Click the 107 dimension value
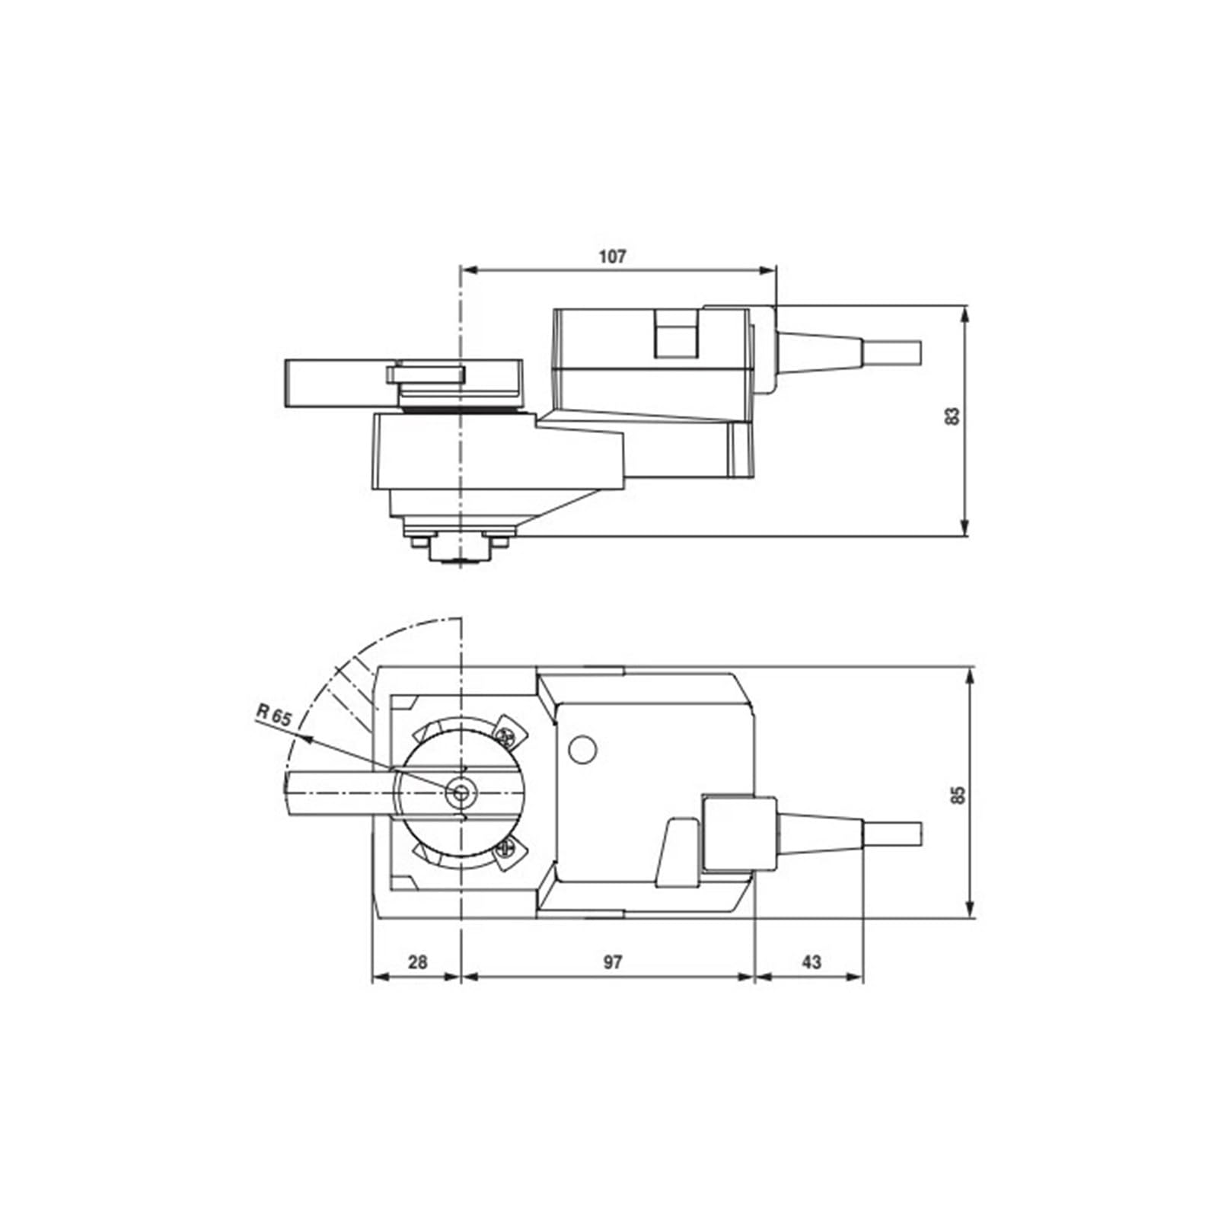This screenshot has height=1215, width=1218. click(x=612, y=257)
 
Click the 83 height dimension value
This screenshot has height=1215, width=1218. click(x=952, y=416)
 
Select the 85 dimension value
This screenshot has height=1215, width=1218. click(x=958, y=794)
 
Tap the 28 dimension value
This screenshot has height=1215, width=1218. click(x=417, y=962)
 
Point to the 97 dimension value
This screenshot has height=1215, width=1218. click(x=613, y=962)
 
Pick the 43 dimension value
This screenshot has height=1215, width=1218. click(x=811, y=962)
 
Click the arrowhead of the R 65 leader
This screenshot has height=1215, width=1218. click(x=305, y=736)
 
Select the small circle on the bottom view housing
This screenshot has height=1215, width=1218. click(x=582, y=749)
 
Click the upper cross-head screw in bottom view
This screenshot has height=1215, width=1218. click(x=505, y=736)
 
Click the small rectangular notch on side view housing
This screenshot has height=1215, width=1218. click(x=676, y=334)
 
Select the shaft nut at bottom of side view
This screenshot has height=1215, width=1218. click(x=459, y=549)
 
